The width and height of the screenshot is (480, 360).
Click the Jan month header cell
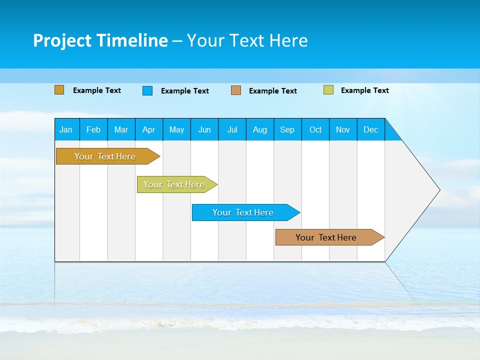click(x=66, y=129)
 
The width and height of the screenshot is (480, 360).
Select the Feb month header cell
click(x=93, y=129)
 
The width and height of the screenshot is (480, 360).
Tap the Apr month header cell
click(x=149, y=129)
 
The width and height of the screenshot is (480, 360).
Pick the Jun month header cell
click(x=204, y=129)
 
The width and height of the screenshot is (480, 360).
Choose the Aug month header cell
click(x=260, y=129)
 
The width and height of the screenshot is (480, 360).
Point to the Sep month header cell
click(x=287, y=129)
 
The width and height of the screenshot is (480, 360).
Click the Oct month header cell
click(x=315, y=129)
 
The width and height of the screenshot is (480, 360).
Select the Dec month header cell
click(x=371, y=129)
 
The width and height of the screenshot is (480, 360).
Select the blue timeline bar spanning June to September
click(x=243, y=212)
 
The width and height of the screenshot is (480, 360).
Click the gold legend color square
click(x=59, y=90)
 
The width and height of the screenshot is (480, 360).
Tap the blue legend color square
click(x=147, y=90)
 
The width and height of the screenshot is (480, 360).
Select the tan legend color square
click(x=236, y=90)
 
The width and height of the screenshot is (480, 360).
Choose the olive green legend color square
click(x=328, y=90)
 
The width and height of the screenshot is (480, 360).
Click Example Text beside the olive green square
click(x=364, y=90)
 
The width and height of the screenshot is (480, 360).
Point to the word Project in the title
click(x=62, y=40)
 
